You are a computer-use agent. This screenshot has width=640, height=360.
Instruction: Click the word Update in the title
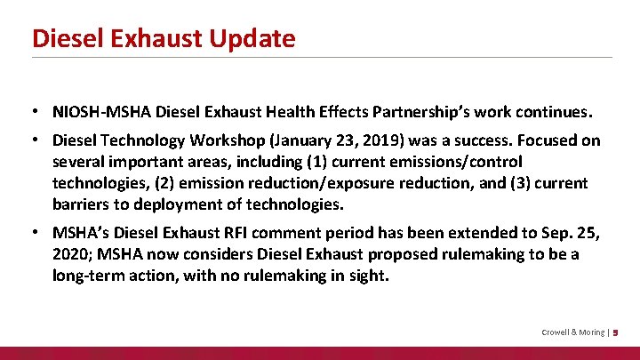(x=252, y=38)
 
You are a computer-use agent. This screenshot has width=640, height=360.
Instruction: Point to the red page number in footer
(x=616, y=332)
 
